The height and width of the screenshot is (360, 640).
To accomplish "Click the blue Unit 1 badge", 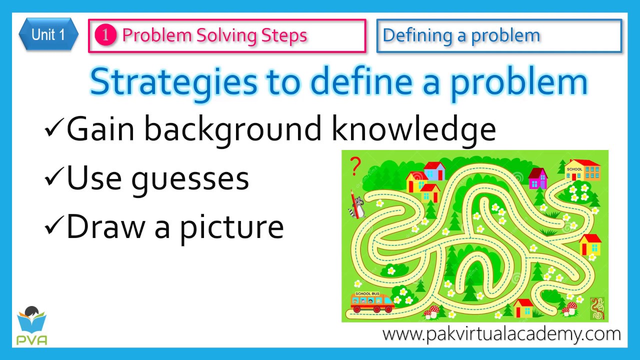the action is point(48,34).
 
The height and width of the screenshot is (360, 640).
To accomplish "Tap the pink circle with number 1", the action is point(105,35).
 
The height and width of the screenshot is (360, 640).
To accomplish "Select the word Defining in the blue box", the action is point(417,36).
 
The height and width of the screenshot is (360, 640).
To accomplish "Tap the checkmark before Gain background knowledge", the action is point(54,127).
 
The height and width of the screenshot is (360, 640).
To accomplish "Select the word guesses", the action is point(190,179).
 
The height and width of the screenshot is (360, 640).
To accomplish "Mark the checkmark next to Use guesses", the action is point(54,176).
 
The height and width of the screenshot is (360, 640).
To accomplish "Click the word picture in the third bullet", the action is point(232,228).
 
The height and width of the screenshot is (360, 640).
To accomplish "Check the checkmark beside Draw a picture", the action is point(54,225).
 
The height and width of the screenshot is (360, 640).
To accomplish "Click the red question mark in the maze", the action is point(355,166).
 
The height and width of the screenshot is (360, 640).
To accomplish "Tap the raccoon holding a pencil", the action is point(356,205).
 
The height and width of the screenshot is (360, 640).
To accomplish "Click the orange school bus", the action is point(372,301).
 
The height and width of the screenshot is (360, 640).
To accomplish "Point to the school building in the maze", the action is point(583,170).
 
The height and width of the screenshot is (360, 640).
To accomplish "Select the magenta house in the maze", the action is point(537,178).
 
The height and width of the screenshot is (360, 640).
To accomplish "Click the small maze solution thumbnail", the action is point(597,308).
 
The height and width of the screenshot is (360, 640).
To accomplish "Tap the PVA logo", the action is point(31,325).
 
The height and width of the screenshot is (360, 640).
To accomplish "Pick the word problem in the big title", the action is point(518,83).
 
